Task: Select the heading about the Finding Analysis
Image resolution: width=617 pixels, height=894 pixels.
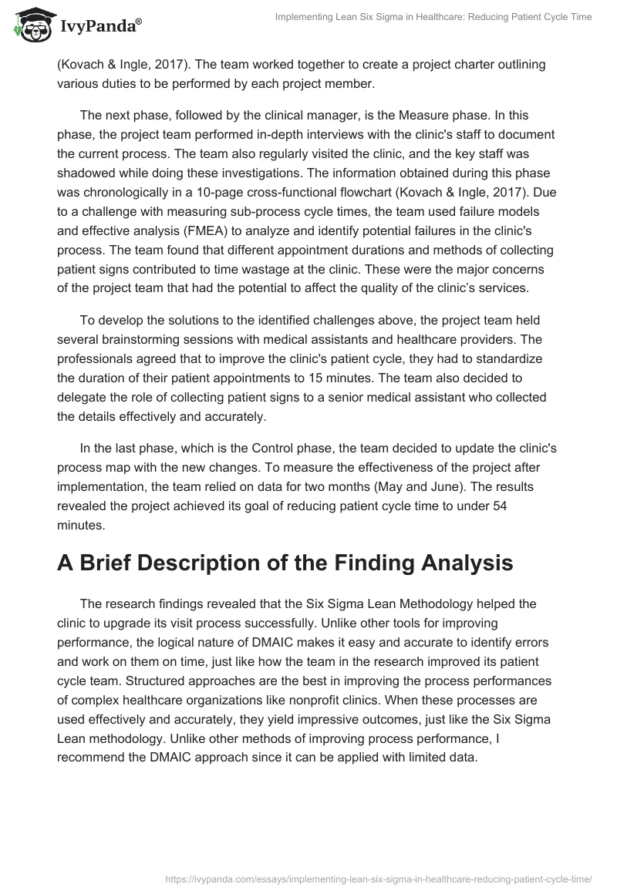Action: [x=285, y=563]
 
